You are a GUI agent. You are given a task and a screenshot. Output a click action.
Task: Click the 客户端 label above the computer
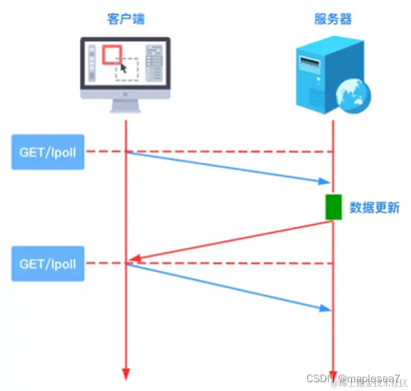coord(125,18)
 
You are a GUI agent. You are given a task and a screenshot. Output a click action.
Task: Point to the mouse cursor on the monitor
coord(123,68)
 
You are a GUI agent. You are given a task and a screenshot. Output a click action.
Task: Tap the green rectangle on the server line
coord(334,207)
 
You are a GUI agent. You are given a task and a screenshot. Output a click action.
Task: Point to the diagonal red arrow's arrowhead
coord(133,258)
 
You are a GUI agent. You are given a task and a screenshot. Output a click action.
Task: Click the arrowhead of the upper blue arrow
coord(325,182)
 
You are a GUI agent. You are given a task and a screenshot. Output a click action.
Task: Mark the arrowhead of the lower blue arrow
coord(325,309)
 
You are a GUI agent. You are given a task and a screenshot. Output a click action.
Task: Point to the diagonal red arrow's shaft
coord(236,239)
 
